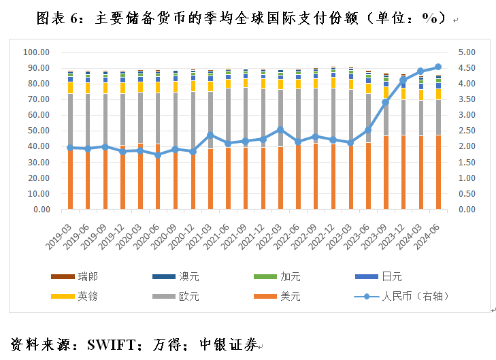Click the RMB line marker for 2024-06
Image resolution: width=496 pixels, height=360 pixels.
438,67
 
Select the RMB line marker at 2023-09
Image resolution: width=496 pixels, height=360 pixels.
385,102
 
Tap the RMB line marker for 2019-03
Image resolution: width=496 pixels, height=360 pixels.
69,148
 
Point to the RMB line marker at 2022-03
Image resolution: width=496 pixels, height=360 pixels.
280,129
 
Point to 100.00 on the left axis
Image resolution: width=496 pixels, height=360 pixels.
35,52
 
